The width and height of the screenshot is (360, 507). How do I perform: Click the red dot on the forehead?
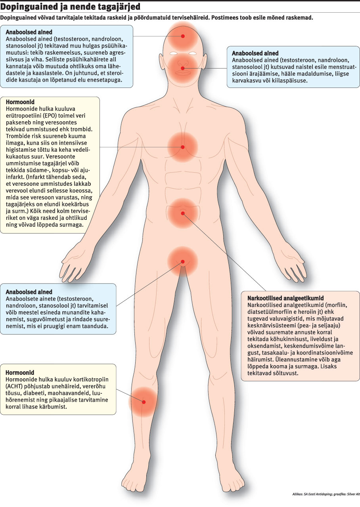tap(183, 36)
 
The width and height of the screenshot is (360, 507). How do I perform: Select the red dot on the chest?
tap(183, 147)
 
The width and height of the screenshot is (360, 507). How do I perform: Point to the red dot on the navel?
tap(183, 213)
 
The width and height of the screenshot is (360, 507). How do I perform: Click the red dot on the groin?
tap(183, 261)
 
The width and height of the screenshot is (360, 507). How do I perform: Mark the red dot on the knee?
tap(144, 402)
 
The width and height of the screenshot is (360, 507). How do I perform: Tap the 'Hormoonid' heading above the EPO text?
tap(20, 102)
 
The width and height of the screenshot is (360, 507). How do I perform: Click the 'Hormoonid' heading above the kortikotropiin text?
tap(20, 373)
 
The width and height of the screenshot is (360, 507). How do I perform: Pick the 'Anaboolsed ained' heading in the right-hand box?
tap(255, 53)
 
